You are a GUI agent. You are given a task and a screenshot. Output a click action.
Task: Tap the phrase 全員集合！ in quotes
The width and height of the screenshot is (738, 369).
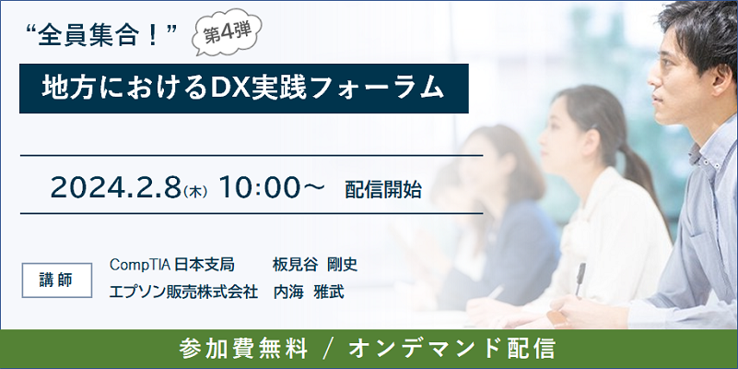coord(103,37)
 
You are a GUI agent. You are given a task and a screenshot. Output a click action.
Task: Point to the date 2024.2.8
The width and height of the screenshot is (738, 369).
coord(116,187)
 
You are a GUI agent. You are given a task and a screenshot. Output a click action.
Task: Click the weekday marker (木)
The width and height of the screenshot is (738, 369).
coord(194,192)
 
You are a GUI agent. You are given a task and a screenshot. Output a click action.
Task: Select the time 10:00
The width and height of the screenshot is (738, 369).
coord(259,187)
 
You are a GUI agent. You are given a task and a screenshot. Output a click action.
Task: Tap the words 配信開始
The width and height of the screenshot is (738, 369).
coord(383,189)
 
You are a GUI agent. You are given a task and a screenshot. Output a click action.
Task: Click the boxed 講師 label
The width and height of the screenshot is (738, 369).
coord(57,280)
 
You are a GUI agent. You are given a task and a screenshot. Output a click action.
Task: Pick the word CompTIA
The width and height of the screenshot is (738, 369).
coord(140,265)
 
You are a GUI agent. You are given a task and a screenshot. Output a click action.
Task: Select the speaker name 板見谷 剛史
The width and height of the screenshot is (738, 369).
coord(315,265)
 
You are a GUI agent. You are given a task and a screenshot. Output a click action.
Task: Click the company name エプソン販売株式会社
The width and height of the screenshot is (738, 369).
coord(183,292)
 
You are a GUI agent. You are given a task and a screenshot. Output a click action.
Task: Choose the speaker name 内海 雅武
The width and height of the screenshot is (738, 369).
coord(309,292)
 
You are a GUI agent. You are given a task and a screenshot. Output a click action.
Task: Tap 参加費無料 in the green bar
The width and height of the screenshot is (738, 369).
coord(243,350)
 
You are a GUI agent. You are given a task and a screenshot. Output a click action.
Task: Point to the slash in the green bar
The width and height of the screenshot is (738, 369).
coord(328,350)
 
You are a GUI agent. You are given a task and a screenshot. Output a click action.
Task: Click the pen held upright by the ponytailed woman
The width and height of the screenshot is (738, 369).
coord(580,279)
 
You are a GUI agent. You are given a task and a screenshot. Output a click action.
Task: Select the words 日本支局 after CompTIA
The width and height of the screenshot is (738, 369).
coord(205,265)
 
